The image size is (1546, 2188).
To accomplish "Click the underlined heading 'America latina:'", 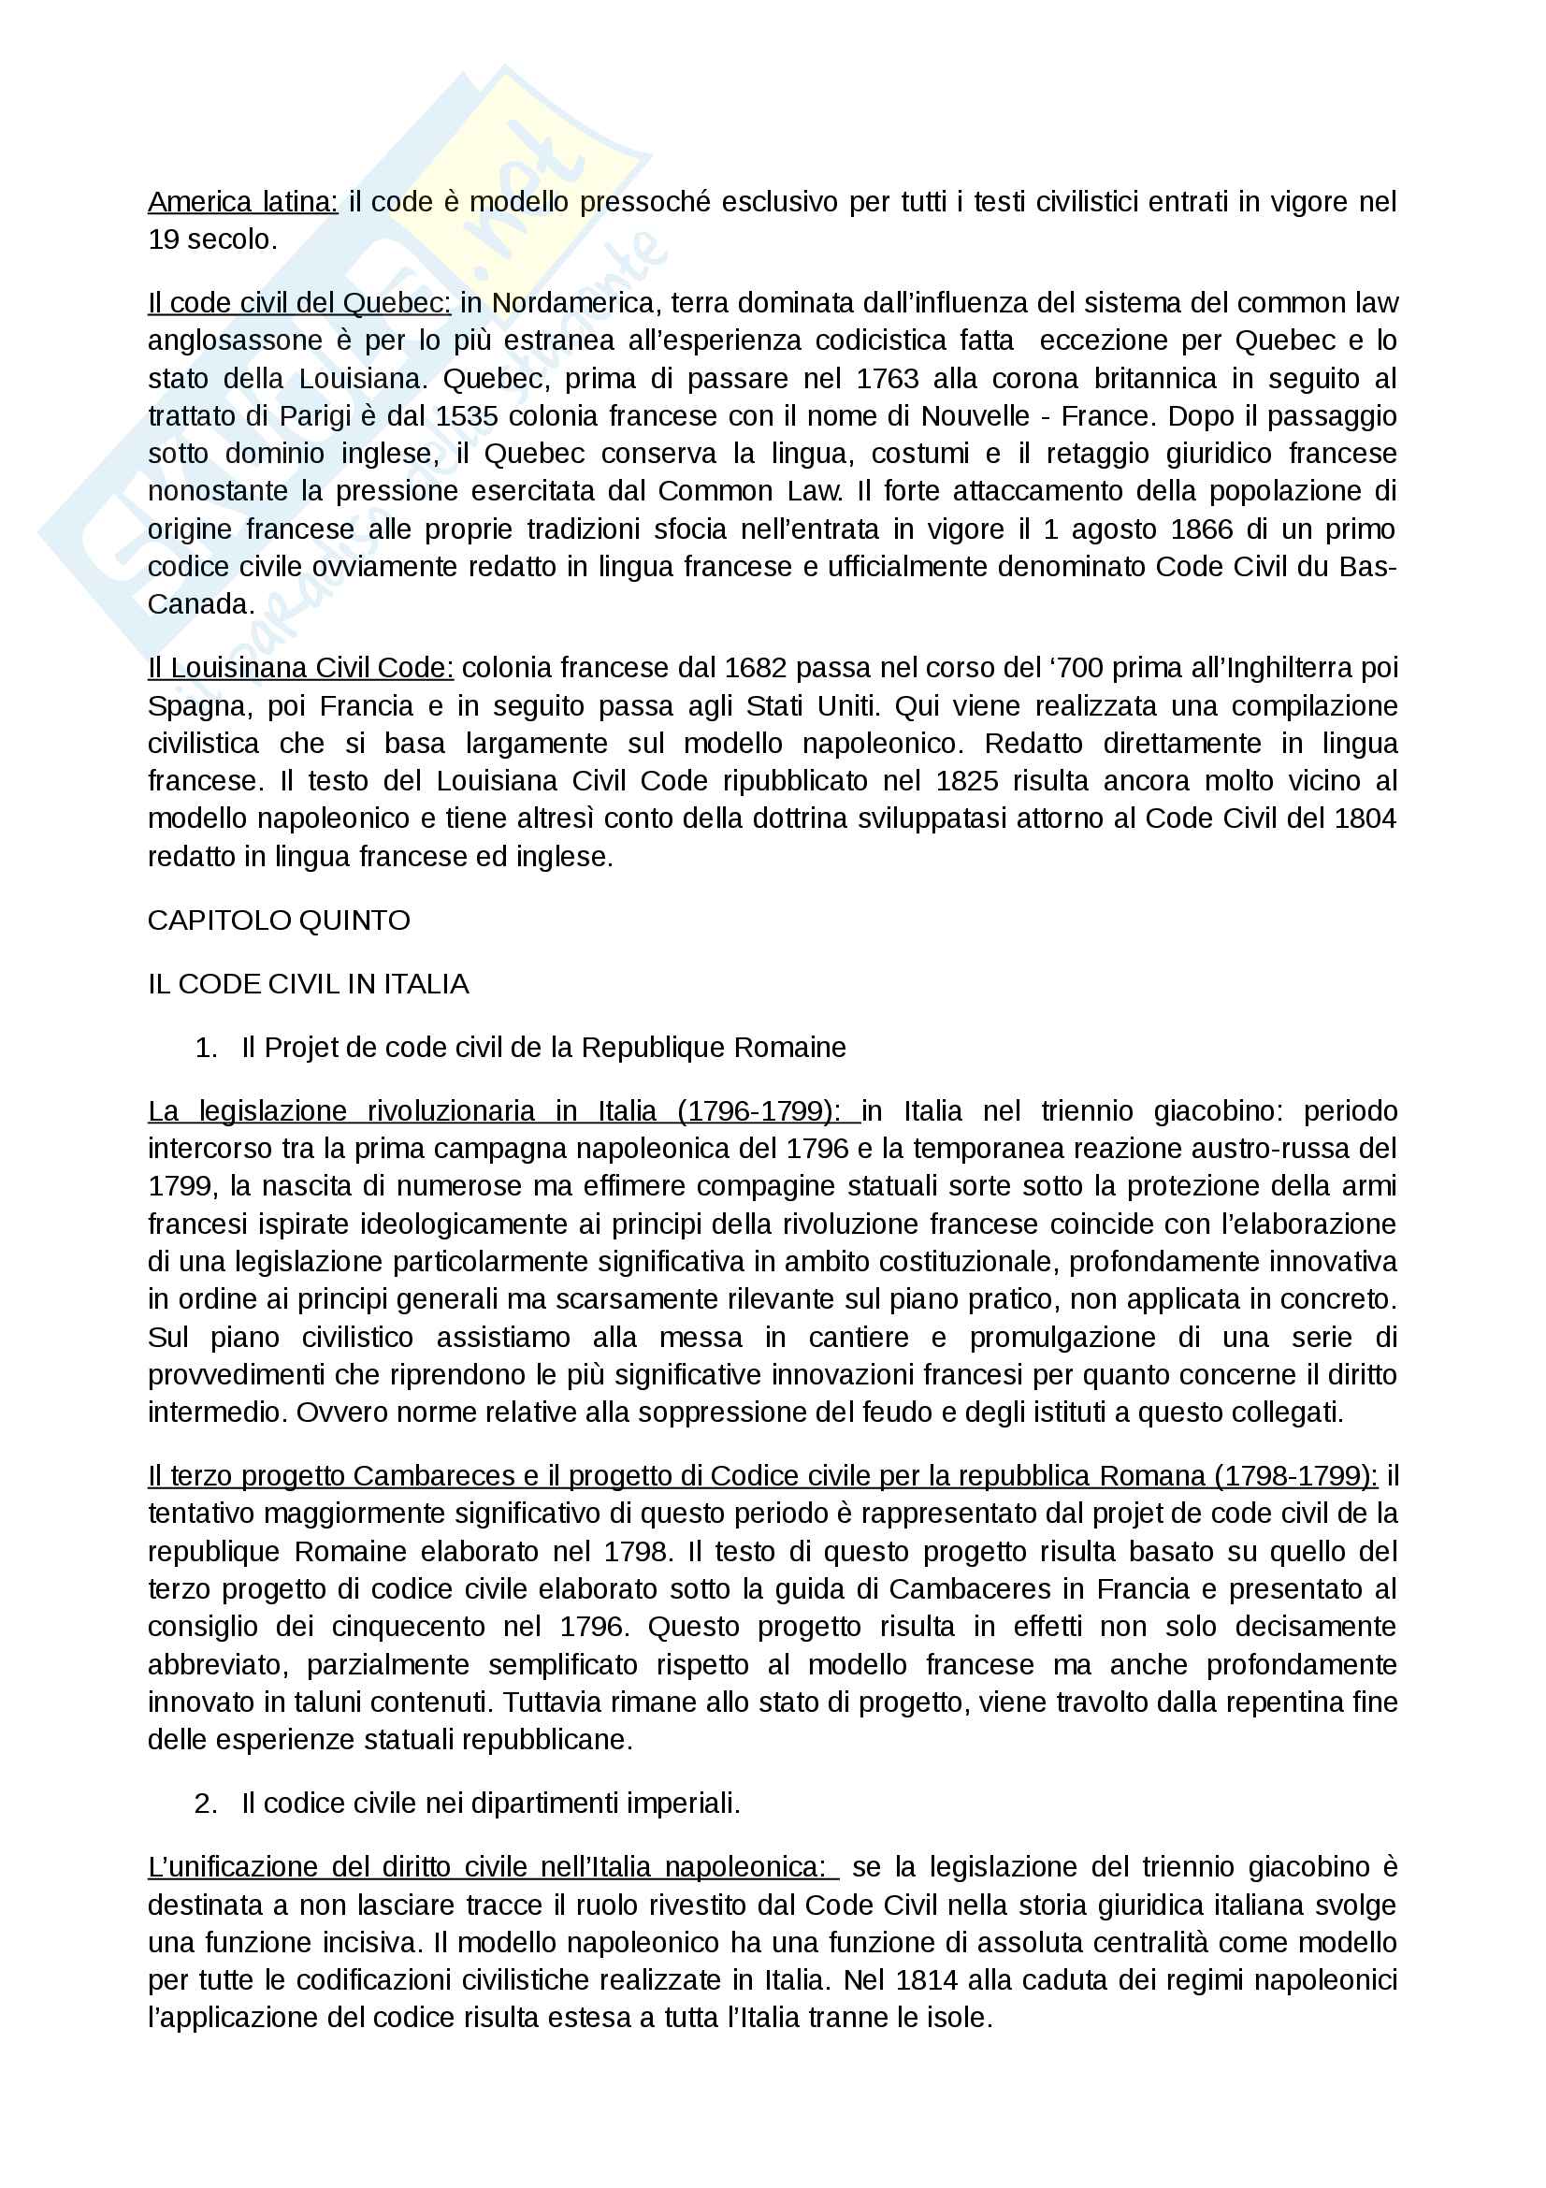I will click(243, 202).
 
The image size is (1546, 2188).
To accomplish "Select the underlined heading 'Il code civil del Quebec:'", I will click(299, 303).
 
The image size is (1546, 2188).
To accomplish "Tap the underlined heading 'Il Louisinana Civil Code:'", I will click(300, 668).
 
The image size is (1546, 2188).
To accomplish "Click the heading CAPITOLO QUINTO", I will click(278, 920).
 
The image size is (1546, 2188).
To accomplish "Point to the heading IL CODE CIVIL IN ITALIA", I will click(308, 984).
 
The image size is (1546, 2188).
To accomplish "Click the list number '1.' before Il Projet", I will click(206, 1049).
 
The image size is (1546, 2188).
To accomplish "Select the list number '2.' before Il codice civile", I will click(206, 1804).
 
